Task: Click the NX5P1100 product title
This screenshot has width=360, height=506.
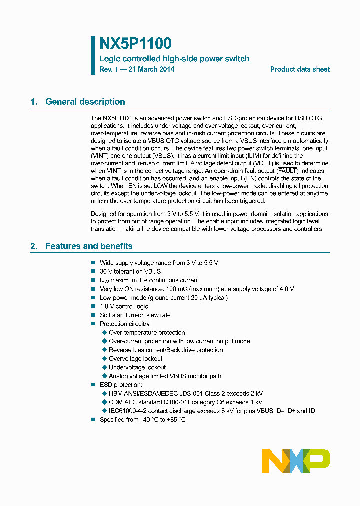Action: (135, 43)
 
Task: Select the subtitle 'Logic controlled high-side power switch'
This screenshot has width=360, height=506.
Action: (174, 59)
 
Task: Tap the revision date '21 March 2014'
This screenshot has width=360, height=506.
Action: (151, 69)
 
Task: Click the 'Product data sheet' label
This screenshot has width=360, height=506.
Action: (300, 69)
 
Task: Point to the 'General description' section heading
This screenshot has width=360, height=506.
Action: (85, 102)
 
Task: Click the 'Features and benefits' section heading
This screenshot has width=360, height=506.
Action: (89, 246)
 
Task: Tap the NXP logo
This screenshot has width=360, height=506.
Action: (296, 460)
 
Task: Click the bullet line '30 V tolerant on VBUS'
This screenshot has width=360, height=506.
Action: (130, 271)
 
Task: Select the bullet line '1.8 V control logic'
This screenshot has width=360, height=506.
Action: (124, 306)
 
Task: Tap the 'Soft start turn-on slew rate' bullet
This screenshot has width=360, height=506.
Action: (135, 315)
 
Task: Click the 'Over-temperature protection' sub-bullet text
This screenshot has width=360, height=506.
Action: (147, 332)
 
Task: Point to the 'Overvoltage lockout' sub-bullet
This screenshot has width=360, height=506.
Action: (135, 359)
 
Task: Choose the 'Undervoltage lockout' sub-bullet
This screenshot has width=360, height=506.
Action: (137, 367)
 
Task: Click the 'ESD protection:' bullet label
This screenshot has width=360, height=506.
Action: (121, 385)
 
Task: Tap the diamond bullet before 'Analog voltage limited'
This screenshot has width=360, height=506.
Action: (104, 376)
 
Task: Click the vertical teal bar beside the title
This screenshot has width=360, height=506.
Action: (93, 55)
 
